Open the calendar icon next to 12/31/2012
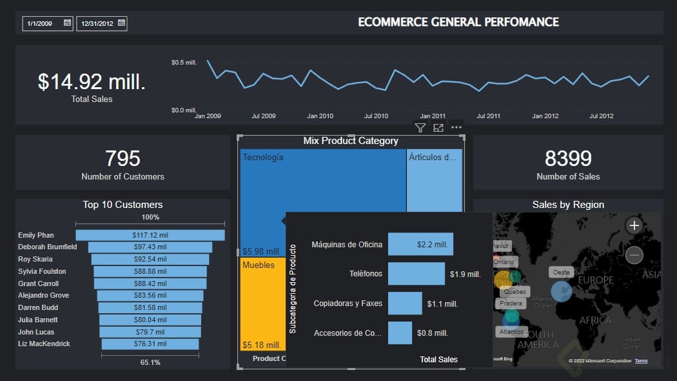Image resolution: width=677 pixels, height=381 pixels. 121,23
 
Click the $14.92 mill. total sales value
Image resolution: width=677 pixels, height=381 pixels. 92,81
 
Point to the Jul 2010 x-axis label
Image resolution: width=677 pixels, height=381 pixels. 376,116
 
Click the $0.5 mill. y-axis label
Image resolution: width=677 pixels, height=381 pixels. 184,63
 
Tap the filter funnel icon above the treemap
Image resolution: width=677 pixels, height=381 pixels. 420,128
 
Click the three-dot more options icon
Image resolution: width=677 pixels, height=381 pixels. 456,127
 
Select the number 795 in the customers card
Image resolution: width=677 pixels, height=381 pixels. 123,158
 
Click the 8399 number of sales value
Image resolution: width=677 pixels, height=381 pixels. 568,158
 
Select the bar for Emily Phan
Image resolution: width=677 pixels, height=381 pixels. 150,236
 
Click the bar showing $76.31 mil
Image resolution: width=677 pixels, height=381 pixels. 150,344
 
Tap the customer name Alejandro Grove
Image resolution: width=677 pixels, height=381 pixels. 44,296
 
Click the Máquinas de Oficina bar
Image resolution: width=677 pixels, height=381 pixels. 420,245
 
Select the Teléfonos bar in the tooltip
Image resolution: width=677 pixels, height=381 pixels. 416,274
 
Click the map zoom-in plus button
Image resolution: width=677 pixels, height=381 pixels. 634,225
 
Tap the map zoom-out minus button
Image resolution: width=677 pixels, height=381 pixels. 634,255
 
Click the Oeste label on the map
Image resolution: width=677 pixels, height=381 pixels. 561,273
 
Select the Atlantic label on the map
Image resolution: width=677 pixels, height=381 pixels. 511,332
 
